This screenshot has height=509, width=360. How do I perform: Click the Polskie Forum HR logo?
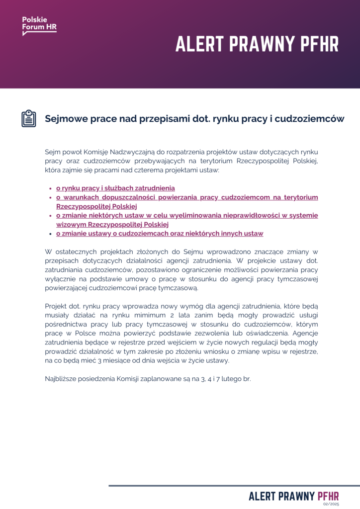(39, 25)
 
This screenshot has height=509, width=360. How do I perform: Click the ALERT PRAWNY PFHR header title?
(257, 45)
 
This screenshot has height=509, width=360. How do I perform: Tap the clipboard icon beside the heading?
(28, 118)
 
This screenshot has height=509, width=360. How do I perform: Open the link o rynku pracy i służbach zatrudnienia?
(115, 188)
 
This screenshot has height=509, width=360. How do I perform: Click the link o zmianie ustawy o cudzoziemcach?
(159, 233)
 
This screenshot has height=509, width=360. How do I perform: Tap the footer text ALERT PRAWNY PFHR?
(293, 496)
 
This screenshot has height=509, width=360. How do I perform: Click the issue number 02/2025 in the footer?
(331, 504)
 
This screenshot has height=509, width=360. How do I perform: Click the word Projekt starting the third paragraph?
(57, 305)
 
